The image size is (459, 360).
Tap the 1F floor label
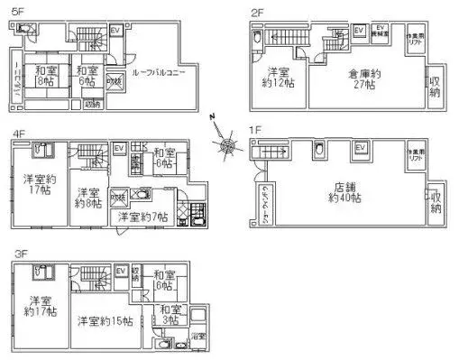pos(255,130)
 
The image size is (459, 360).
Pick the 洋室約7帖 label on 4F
pos(143,217)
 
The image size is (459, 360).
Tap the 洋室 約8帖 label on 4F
pos(87,198)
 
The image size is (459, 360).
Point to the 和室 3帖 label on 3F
pos(170,316)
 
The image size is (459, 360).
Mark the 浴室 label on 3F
pos(198,337)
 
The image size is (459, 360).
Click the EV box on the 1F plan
pos(360,148)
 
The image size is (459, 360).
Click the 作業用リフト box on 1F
pos(415,152)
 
